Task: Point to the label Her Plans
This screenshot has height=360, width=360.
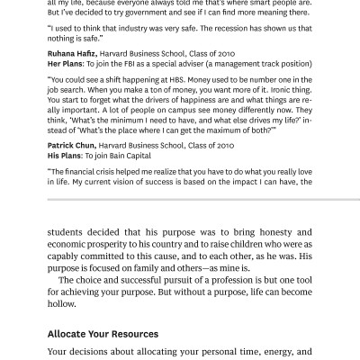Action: (64, 66)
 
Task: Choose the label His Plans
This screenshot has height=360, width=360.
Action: (63, 156)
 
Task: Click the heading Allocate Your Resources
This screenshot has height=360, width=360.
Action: (103, 334)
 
